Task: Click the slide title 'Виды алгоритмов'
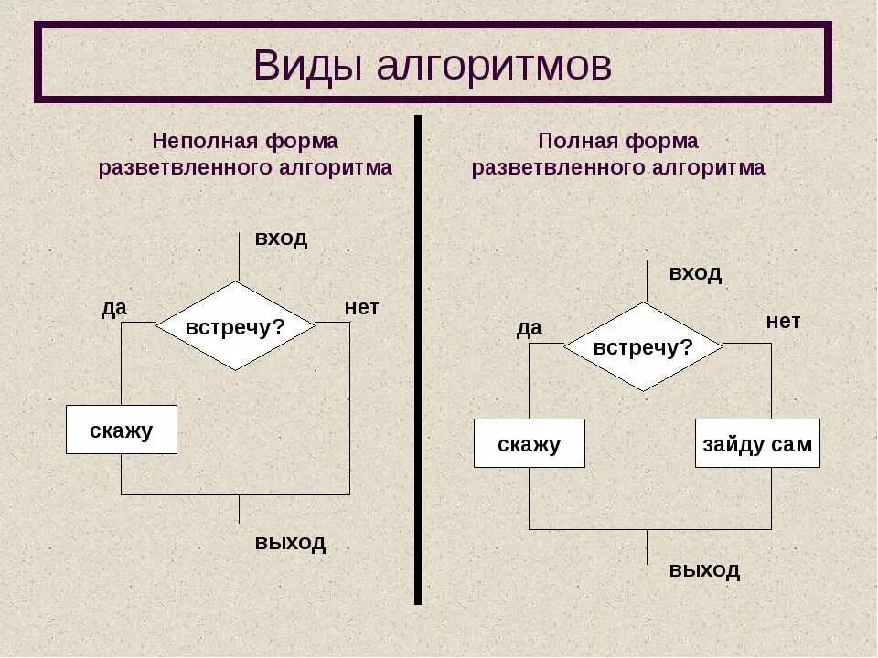point(433,65)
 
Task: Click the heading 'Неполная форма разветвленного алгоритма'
point(245,154)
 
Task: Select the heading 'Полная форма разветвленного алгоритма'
point(618,154)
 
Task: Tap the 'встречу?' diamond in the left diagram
point(236,326)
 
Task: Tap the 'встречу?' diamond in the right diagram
point(643,347)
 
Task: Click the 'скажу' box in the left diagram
point(122,430)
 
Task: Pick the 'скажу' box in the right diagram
point(530,443)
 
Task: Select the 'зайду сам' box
point(757,443)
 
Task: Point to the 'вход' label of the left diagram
point(281,239)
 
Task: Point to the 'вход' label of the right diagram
point(695,272)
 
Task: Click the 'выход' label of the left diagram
point(290,542)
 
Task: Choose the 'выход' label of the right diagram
point(704,570)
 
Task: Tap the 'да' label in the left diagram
point(113,308)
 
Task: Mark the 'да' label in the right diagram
point(529,328)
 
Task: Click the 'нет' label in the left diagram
point(361,308)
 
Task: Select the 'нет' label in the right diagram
point(783,321)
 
